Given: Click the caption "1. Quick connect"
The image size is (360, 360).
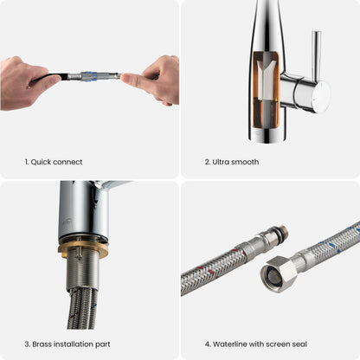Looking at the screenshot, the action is [x=54, y=162].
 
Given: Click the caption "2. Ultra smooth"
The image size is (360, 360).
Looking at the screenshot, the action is [x=232, y=162].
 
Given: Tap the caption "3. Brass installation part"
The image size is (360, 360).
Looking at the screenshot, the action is [x=67, y=344].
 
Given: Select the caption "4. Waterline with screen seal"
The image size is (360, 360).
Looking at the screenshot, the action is [x=256, y=344].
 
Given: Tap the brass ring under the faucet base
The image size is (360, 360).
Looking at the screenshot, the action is [x=83, y=249].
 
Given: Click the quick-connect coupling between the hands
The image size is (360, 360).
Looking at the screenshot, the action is [x=93, y=76].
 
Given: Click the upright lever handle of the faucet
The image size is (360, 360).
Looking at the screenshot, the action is [x=316, y=55].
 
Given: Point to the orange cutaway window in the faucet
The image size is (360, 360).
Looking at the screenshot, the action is [x=267, y=89].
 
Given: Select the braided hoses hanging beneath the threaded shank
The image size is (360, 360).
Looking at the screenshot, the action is [x=83, y=309].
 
